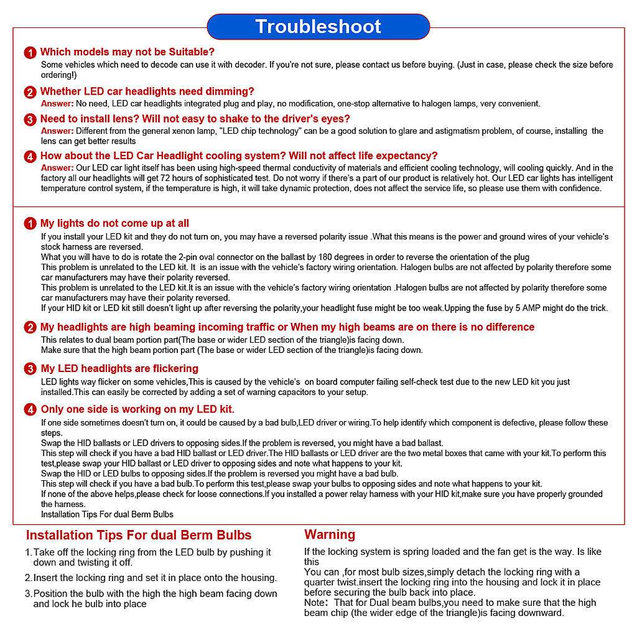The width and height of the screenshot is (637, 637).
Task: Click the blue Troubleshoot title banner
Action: point(318,27)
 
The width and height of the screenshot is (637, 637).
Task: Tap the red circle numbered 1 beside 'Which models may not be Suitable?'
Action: point(30,53)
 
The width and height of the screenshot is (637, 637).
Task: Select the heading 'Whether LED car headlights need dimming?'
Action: point(147,91)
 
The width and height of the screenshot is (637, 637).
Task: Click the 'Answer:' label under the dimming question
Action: point(57,104)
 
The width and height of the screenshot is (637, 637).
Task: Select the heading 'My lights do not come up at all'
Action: point(114,223)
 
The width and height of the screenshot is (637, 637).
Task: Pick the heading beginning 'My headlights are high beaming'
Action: point(287,327)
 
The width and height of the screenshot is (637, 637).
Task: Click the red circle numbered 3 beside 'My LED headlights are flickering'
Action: point(30,370)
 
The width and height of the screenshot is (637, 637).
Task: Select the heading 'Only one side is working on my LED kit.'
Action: point(137,409)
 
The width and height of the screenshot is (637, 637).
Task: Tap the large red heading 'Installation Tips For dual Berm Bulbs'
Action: point(139,536)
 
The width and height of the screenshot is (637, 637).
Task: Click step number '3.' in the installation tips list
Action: point(28,593)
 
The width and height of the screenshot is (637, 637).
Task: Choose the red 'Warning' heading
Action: point(330,535)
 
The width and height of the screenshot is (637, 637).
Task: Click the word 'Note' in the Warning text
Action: point(314,602)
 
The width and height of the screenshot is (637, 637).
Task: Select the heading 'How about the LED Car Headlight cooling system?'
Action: point(239,156)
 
